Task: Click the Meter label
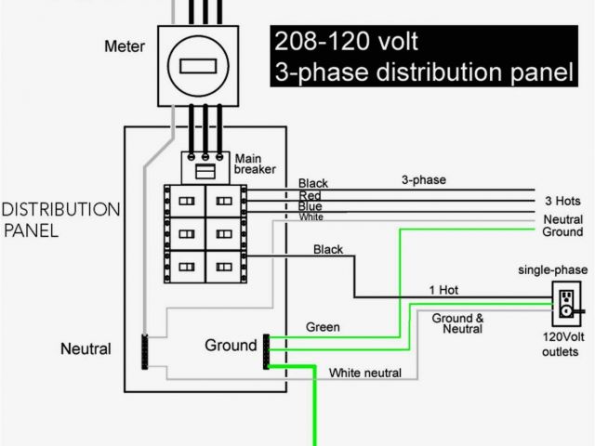[124, 45]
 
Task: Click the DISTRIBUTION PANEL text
[61, 219]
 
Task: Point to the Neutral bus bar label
[86, 349]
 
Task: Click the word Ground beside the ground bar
[231, 346]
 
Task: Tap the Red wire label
[311, 195]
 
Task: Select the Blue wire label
[311, 206]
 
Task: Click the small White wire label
[311, 217]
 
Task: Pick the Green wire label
[323, 327]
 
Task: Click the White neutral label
[365, 374]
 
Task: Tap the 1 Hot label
[443, 290]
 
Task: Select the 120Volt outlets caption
[561, 345]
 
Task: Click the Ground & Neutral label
[456, 323]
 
